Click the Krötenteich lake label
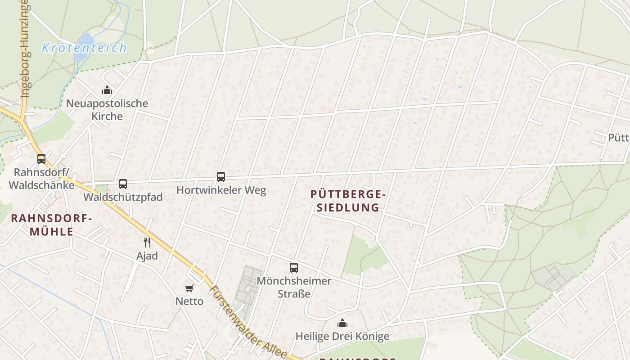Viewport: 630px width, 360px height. pyautogui.click(x=84, y=48)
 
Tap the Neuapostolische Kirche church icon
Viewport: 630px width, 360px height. pyautogui.click(x=107, y=90)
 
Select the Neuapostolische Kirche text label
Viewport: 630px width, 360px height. pyautogui.click(x=107, y=110)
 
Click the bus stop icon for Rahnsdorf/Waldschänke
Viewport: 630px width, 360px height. pyautogui.click(x=41, y=159)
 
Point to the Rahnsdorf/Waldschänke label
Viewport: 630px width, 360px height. pyautogui.click(x=41, y=179)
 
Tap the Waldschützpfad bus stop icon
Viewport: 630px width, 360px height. pyautogui.click(x=123, y=184)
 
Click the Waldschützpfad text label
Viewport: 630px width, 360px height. pyautogui.click(x=123, y=198)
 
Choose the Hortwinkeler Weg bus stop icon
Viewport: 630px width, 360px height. pyautogui.click(x=221, y=177)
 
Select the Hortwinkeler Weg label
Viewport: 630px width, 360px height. pyautogui.click(x=221, y=190)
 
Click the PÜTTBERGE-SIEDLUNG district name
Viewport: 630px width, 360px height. pyautogui.click(x=348, y=201)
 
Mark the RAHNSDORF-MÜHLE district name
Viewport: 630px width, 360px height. pyautogui.click(x=51, y=225)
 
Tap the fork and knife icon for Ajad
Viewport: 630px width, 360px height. pyautogui.click(x=147, y=243)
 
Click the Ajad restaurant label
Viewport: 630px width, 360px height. pyautogui.click(x=147, y=256)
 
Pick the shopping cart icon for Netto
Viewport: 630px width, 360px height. pyautogui.click(x=189, y=288)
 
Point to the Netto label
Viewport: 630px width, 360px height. pyautogui.click(x=189, y=301)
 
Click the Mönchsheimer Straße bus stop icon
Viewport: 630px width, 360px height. pyautogui.click(x=294, y=268)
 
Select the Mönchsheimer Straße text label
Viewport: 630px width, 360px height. pyautogui.click(x=294, y=287)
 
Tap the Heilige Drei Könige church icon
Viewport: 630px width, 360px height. pyautogui.click(x=342, y=324)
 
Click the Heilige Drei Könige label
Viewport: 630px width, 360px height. pyautogui.click(x=342, y=337)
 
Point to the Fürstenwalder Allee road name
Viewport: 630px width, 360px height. pyautogui.click(x=249, y=322)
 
